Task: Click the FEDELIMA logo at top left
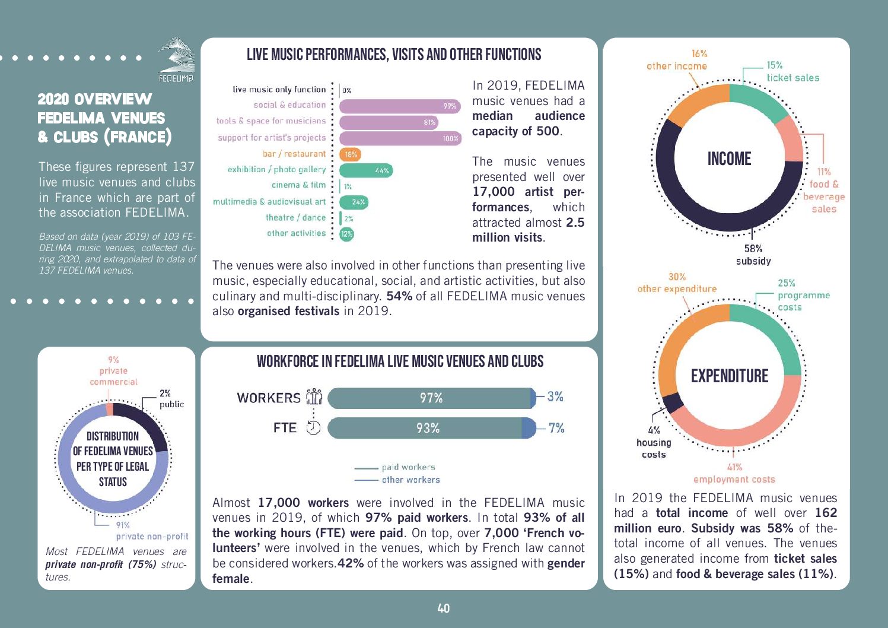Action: [x=176, y=59]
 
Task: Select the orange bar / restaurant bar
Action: [x=350, y=154]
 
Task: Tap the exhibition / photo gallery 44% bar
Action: [x=366, y=170]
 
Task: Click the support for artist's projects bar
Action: [x=400, y=138]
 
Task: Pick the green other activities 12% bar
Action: [x=347, y=234]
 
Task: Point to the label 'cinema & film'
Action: [x=298, y=185]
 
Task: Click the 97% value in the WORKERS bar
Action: [x=431, y=398]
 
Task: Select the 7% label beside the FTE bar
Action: [x=556, y=428]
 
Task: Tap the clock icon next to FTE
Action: [x=313, y=428]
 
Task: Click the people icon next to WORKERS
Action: [x=314, y=397]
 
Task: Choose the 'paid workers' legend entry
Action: [x=408, y=467]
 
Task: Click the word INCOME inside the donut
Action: [x=729, y=158]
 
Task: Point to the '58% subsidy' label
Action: [x=753, y=255]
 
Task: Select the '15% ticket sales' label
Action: [x=792, y=72]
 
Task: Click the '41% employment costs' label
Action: [x=734, y=474]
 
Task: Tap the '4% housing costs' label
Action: [x=654, y=442]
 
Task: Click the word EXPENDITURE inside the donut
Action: [x=730, y=376]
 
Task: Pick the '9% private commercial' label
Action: [x=113, y=371]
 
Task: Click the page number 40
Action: [x=444, y=608]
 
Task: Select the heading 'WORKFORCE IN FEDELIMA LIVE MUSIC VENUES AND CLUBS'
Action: [x=400, y=361]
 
